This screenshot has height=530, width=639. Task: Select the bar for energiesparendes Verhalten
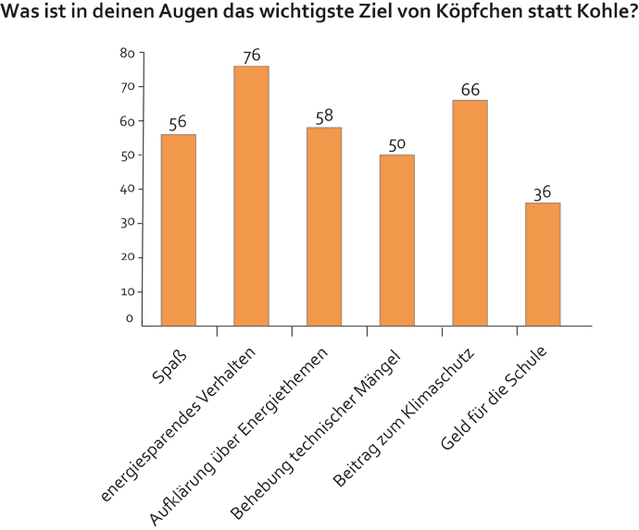click(x=251, y=195)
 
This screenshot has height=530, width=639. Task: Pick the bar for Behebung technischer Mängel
click(x=396, y=240)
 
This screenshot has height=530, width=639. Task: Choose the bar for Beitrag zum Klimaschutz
click(x=470, y=212)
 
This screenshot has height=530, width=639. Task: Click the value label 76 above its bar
click(x=251, y=56)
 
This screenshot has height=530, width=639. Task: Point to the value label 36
click(x=543, y=193)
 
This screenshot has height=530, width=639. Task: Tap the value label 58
click(x=324, y=117)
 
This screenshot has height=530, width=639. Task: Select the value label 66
click(x=470, y=90)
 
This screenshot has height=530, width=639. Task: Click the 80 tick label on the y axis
click(x=128, y=53)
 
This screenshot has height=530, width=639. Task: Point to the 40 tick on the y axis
click(x=128, y=189)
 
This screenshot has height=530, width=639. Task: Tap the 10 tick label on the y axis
click(x=128, y=291)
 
